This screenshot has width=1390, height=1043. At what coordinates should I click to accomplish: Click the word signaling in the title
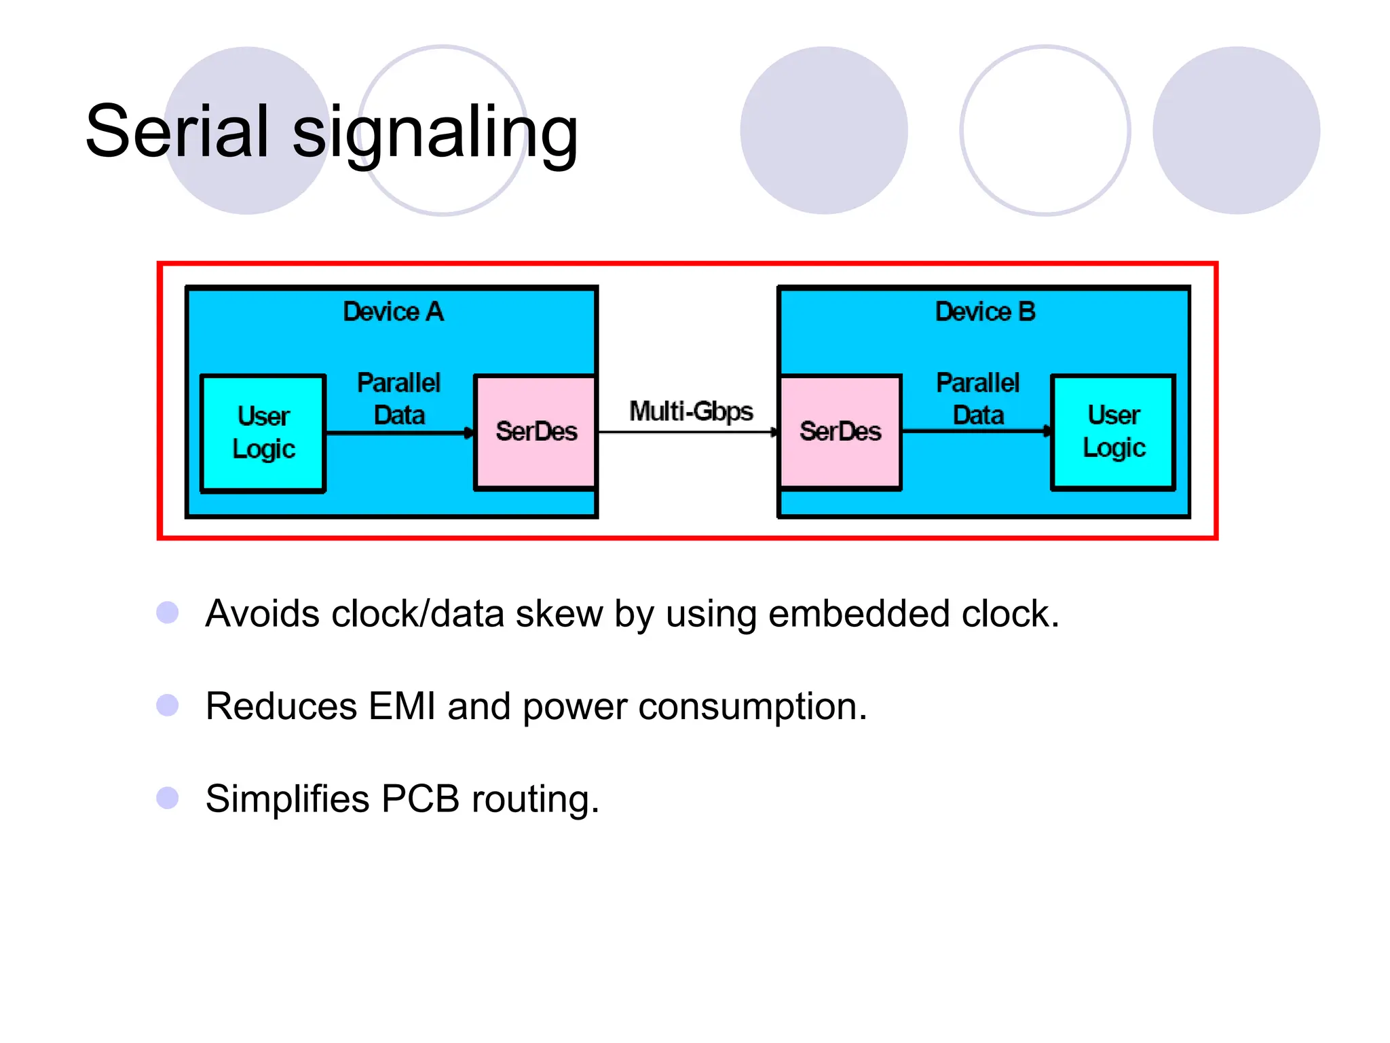[434, 133]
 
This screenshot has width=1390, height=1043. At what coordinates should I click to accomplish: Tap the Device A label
[393, 312]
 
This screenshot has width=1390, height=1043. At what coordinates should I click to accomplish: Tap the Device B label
[985, 312]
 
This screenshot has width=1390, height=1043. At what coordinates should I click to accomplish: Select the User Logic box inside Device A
[263, 433]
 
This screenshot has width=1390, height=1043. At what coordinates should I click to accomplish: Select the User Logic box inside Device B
[1113, 432]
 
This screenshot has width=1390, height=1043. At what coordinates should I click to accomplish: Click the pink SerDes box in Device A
[536, 432]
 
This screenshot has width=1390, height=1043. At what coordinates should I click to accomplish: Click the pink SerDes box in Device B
[840, 432]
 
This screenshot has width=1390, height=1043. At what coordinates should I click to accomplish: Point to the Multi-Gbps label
[691, 411]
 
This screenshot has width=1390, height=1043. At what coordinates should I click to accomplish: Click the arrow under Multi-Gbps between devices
[687, 432]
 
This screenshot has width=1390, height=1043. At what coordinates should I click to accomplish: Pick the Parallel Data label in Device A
[399, 399]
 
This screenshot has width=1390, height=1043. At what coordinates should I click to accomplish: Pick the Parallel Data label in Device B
[977, 399]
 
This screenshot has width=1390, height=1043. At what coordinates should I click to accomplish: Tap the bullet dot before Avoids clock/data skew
[167, 612]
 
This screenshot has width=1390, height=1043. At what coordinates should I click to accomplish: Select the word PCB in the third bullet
[420, 799]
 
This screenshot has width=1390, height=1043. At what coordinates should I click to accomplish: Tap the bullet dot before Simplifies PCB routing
[167, 798]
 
